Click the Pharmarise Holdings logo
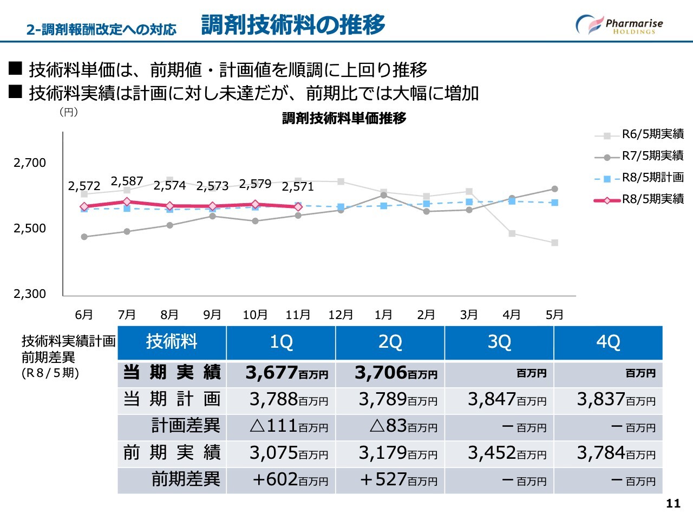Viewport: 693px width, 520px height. coord(619,25)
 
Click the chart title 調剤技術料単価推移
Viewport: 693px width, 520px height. coord(344,119)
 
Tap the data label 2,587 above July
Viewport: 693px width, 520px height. coord(127,181)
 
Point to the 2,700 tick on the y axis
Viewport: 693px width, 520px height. coord(30,163)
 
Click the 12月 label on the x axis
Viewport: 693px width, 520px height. coord(341,315)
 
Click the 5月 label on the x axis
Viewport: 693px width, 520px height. coord(554,315)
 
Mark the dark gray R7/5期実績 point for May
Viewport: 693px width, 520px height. coord(554,189)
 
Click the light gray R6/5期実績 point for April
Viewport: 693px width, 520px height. coord(512,233)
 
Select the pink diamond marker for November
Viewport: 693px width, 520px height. coord(298,207)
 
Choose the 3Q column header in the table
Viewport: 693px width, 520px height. coord(499,342)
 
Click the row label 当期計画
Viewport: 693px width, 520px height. coord(172,400)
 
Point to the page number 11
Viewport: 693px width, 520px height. coord(673,504)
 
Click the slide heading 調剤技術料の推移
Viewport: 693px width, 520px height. coord(293,25)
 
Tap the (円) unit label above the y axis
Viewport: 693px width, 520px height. coord(68,112)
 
